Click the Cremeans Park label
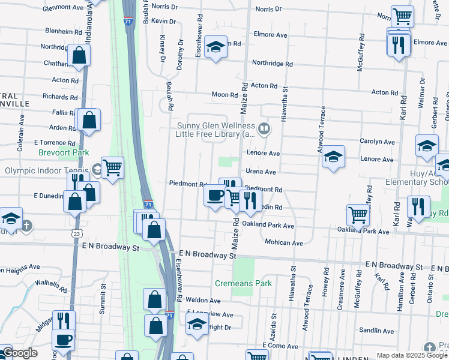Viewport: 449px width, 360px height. coord(243,283)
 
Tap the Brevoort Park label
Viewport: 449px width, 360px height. coord(64,153)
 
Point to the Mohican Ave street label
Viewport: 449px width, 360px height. coord(284,242)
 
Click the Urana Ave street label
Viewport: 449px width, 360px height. coord(261,172)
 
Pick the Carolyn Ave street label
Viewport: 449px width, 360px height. coord(377,142)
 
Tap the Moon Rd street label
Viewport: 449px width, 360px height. coord(225,95)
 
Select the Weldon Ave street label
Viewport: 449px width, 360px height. coord(203,300)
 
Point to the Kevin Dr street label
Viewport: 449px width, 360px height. coord(163,21)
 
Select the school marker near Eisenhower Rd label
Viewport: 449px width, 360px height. coord(215,47)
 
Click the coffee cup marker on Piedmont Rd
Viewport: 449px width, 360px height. coord(215,195)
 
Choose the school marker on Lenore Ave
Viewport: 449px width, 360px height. coord(333,157)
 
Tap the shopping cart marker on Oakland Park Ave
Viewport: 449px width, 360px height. coord(358,214)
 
